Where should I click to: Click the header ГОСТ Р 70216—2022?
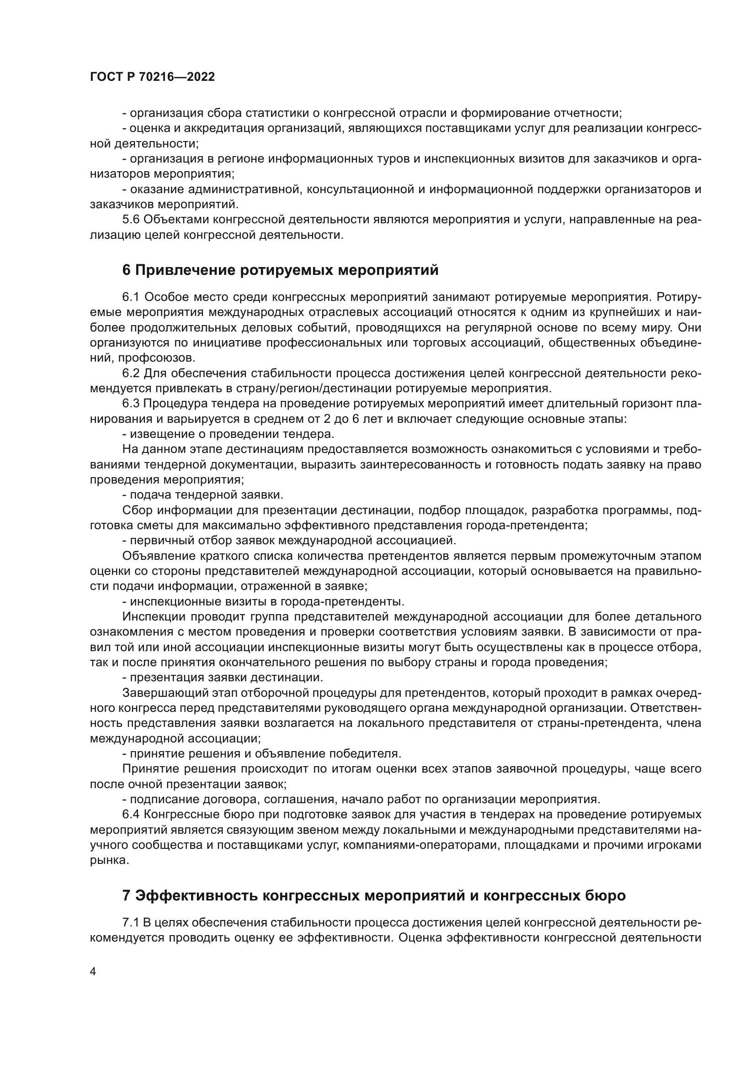(x=152, y=77)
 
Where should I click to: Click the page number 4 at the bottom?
(x=93, y=972)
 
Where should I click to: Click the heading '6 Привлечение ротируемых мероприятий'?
(x=280, y=270)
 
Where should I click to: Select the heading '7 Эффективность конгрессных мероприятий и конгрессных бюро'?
(x=374, y=895)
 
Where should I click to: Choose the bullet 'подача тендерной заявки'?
(x=206, y=495)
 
